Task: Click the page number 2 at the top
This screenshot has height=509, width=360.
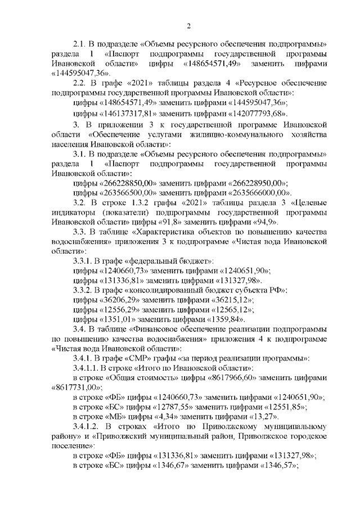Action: (189, 26)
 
